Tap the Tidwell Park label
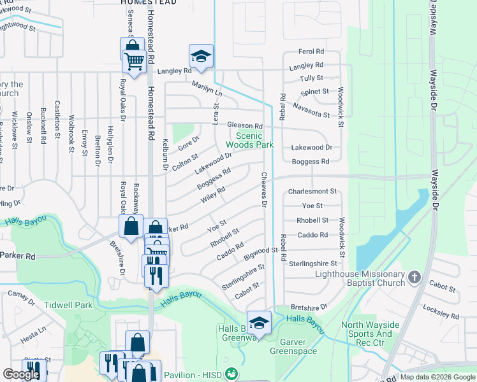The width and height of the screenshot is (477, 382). point(68,305)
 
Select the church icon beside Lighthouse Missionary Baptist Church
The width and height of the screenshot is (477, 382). point(415,276)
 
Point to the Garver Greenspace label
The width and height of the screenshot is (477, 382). point(293,346)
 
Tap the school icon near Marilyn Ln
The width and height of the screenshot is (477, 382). point(201,56)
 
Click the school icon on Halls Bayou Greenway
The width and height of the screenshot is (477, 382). point(259,322)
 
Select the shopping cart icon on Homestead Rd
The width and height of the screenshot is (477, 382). point(134,62)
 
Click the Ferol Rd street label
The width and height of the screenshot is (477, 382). point(311,52)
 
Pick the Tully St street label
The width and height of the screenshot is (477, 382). point(311,78)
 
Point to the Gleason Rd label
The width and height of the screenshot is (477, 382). point(245,127)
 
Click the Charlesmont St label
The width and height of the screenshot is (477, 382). point(312,192)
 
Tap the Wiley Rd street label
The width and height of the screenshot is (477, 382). point(213,193)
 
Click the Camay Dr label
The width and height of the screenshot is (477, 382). point(21,294)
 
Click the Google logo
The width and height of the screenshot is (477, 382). point(21,374)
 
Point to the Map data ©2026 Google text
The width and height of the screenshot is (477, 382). point(437,377)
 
